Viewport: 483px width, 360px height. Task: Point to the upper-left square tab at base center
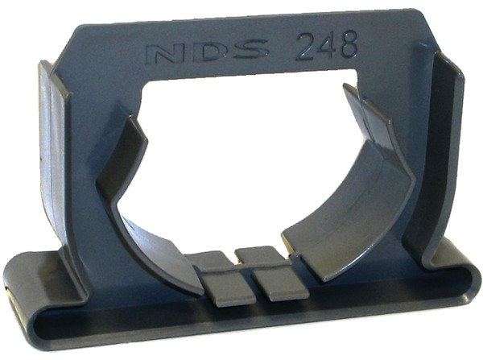[211, 260]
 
